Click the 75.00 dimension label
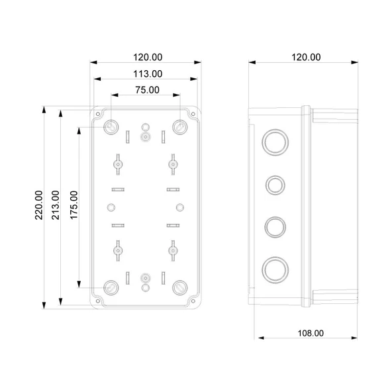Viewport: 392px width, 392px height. point(147,89)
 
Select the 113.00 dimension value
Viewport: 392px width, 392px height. point(147,73)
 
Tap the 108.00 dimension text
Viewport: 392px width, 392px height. point(309,334)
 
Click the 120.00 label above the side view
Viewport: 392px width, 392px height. point(306,58)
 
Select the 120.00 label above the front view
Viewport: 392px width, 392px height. point(147,58)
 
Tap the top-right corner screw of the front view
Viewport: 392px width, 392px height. point(179,126)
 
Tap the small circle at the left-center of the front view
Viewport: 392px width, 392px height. point(111,206)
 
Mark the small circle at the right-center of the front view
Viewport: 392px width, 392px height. point(179,206)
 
